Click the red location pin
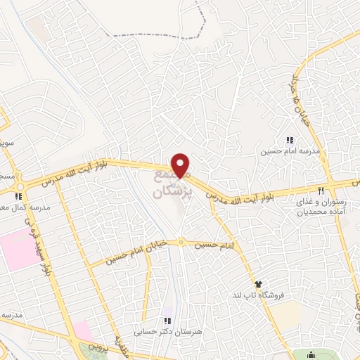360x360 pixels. pos(181,164)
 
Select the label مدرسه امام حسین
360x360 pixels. pos(281,150)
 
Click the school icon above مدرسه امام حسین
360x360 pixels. pos(290,139)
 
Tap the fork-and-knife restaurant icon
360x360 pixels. pos(321,190)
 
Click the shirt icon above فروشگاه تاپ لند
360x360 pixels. pos(259,283)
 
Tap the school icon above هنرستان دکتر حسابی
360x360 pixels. pos(167,321)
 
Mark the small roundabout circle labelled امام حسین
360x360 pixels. pos(181,243)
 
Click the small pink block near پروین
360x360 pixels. pos(82,330)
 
